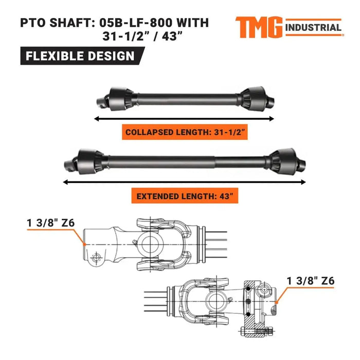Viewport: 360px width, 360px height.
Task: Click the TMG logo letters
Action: (x=259, y=27)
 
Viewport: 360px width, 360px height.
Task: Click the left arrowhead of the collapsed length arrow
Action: (x=96, y=118)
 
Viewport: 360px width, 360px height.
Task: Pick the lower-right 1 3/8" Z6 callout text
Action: (x=311, y=281)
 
